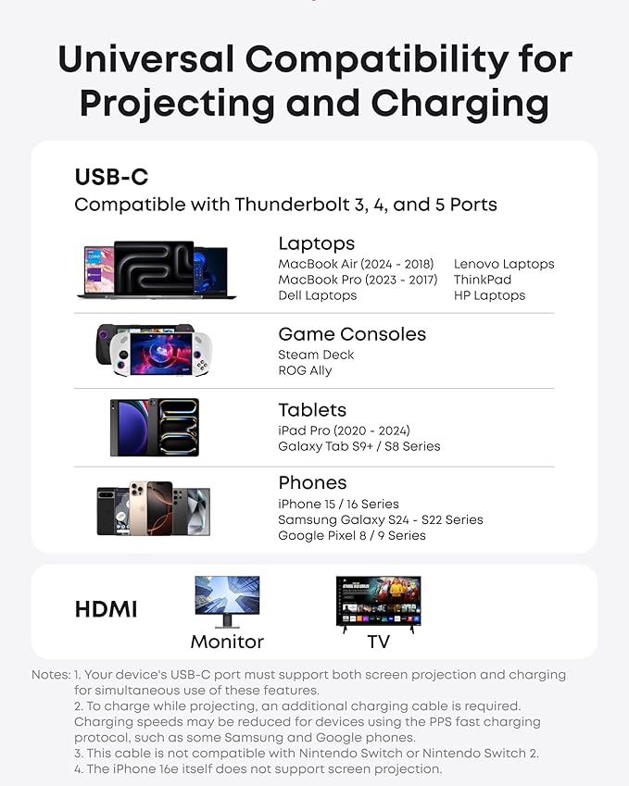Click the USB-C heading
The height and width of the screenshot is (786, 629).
(x=111, y=177)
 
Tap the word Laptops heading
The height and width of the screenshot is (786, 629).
(x=316, y=243)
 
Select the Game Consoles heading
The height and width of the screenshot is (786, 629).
(x=352, y=334)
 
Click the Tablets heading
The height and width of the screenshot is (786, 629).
(x=312, y=410)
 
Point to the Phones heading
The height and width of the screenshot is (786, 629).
(x=312, y=483)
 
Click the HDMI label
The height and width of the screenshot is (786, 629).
(x=106, y=609)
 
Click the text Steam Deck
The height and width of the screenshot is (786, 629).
(x=316, y=355)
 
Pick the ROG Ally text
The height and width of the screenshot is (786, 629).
(x=305, y=370)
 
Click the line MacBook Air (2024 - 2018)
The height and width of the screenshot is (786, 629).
(x=356, y=264)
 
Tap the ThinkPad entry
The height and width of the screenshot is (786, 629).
(x=482, y=280)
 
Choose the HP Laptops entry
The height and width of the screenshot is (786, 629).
(x=489, y=295)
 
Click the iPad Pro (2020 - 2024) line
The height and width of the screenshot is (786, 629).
(x=344, y=430)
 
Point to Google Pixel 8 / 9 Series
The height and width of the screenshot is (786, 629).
(x=352, y=535)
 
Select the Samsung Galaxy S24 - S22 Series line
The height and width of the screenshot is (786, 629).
(x=380, y=519)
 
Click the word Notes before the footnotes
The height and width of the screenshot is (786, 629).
(x=50, y=675)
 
